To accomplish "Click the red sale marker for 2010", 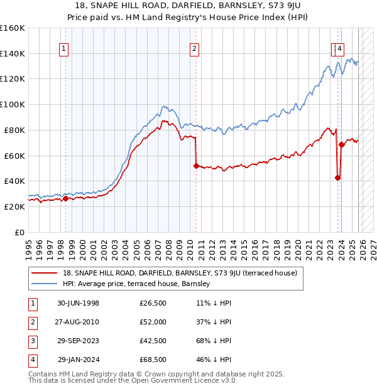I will (x=196, y=166).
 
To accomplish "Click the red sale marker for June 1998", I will (x=65, y=198).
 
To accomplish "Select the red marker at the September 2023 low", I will (x=337, y=178).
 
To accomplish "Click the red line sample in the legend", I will (x=45, y=273).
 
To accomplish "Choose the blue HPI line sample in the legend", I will (x=45, y=284).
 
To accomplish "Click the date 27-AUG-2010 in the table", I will (x=78, y=322).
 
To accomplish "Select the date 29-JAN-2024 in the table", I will (x=78, y=360).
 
